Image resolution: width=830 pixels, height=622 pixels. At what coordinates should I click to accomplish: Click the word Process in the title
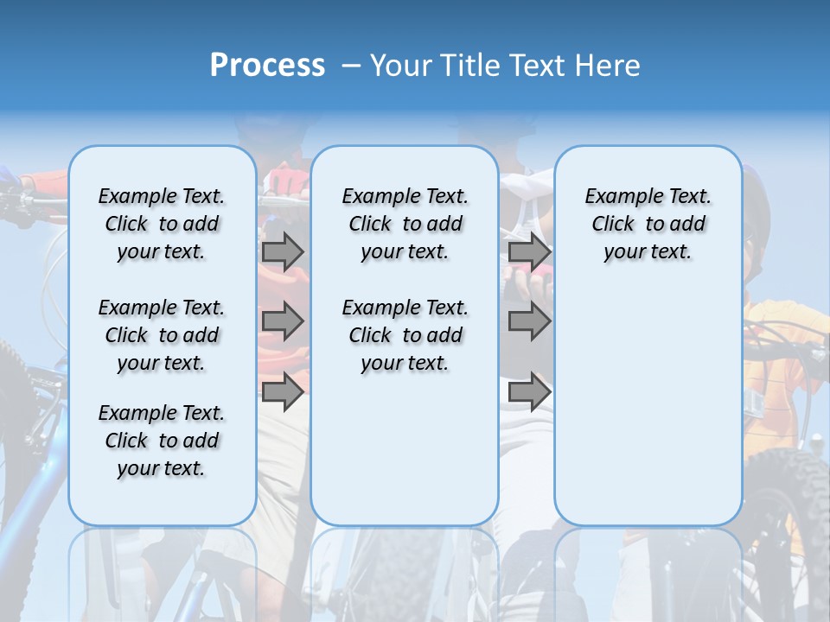[267, 65]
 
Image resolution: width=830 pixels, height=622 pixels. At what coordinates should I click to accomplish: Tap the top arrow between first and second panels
[283, 251]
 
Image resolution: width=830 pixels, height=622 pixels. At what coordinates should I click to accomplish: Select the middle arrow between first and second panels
[283, 321]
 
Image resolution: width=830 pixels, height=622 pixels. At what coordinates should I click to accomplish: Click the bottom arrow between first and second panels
[283, 391]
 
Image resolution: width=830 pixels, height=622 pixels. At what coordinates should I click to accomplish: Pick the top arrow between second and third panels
[529, 251]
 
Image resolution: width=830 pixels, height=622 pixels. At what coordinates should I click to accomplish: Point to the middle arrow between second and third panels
[529, 321]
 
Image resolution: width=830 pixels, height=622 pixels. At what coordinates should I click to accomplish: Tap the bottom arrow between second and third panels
[529, 391]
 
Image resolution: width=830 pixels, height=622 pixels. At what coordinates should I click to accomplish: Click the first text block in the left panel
[162, 224]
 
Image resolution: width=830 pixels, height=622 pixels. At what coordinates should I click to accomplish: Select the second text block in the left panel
[162, 335]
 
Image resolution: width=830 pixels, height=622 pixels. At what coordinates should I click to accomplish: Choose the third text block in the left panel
[162, 441]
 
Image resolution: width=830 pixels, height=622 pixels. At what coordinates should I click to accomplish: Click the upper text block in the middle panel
[405, 224]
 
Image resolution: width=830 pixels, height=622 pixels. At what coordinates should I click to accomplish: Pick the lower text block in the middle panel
[405, 335]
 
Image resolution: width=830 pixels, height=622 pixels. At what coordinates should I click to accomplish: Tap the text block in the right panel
[648, 224]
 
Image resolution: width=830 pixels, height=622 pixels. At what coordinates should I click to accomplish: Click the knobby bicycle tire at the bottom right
[791, 501]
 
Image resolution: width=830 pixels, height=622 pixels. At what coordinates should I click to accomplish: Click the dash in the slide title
[352, 66]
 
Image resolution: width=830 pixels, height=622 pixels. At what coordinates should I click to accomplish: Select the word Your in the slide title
[400, 65]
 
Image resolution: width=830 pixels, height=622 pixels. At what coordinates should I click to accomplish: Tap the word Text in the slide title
[539, 65]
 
